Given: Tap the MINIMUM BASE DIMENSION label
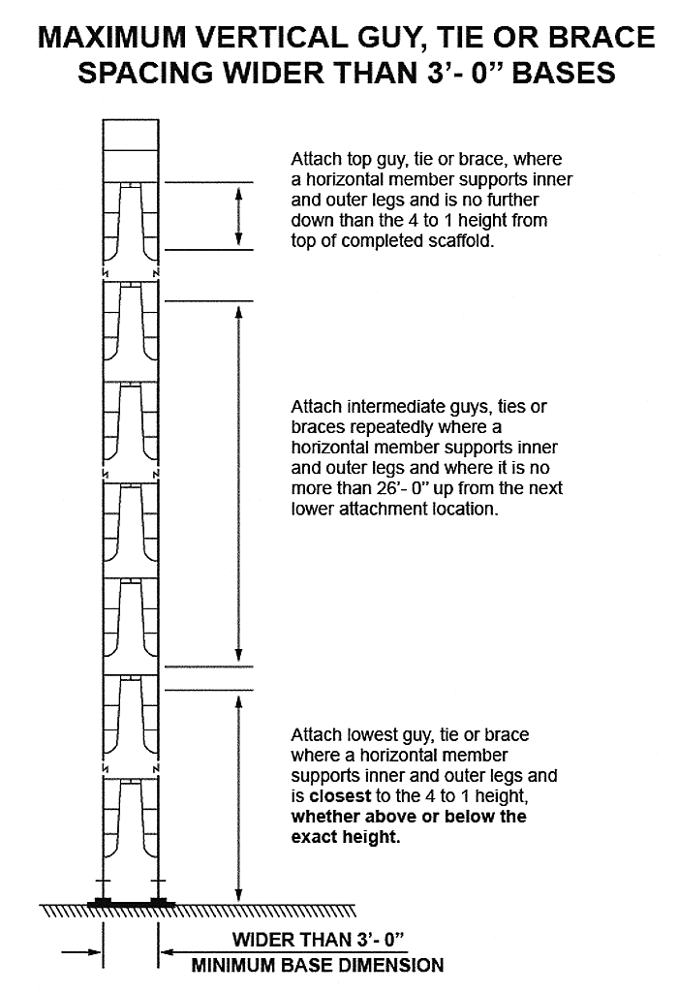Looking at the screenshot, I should pyautogui.click(x=318, y=965).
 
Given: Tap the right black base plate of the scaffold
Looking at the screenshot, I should pyautogui.click(x=158, y=902).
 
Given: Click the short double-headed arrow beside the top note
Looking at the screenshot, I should pyautogui.click(x=238, y=215).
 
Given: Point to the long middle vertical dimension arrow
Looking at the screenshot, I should pyautogui.click(x=238, y=482).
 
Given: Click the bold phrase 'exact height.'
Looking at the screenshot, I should pyautogui.click(x=346, y=837).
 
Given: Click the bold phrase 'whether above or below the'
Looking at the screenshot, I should pyautogui.click(x=409, y=817).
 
